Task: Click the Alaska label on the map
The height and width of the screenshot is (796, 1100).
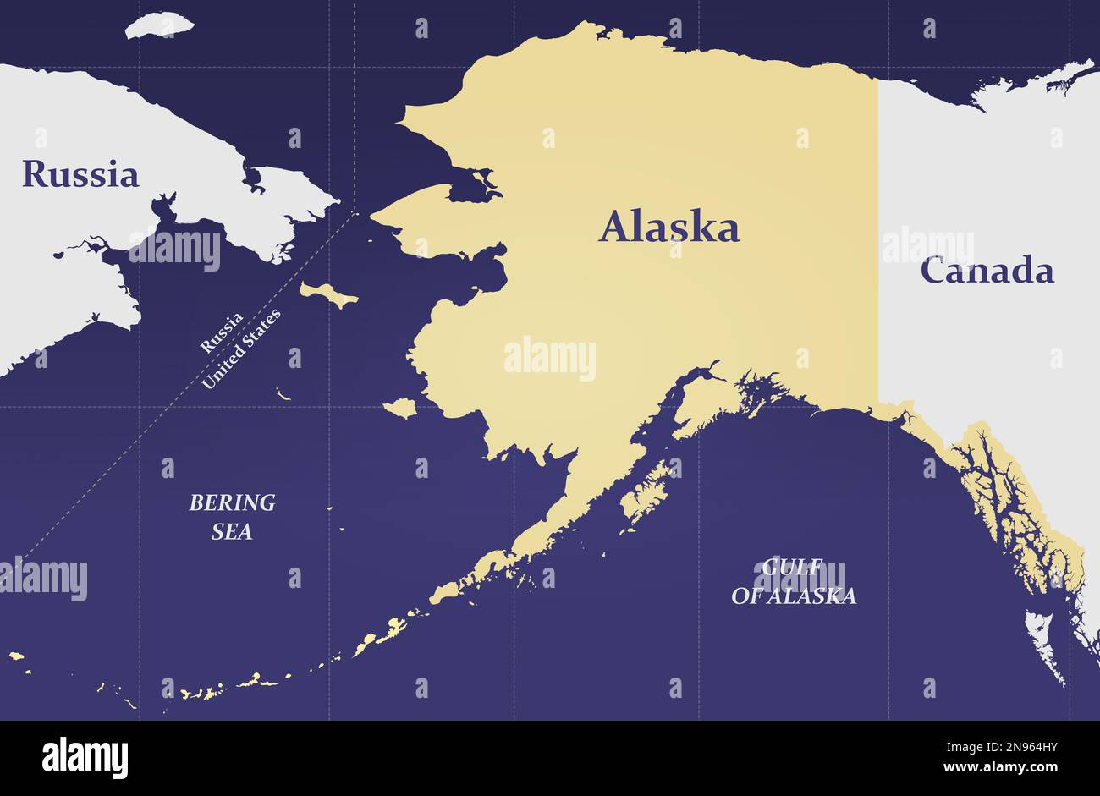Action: [x=668, y=228]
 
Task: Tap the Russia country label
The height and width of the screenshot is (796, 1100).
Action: [x=80, y=173]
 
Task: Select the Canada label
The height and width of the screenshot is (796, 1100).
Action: [x=987, y=271]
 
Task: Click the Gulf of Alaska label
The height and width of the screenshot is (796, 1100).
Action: [x=794, y=582]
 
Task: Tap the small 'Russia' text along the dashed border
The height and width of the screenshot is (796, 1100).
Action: [x=222, y=332]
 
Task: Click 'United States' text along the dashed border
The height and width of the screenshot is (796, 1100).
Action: [x=241, y=349]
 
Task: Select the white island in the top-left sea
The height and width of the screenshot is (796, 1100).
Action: [x=159, y=25]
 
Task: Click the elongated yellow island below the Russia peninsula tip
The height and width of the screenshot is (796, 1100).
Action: [x=329, y=294]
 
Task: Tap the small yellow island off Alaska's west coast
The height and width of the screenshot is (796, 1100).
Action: [x=401, y=409]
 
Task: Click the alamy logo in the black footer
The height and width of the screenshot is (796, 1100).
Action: [x=85, y=757]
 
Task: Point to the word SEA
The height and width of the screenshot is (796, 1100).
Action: [x=232, y=532]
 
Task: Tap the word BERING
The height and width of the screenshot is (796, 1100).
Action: [x=232, y=502]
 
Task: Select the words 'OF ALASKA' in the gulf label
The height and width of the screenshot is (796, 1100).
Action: [x=794, y=596]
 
